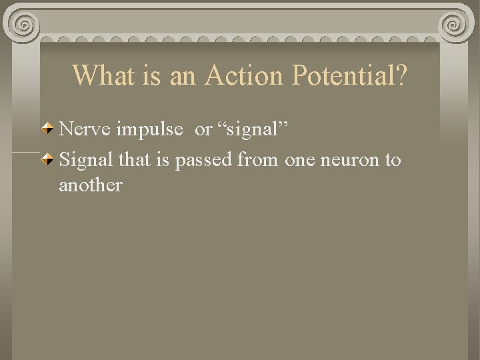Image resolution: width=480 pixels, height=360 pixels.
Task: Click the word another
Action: click(90, 185)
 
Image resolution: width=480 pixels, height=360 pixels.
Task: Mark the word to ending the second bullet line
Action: click(393, 161)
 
